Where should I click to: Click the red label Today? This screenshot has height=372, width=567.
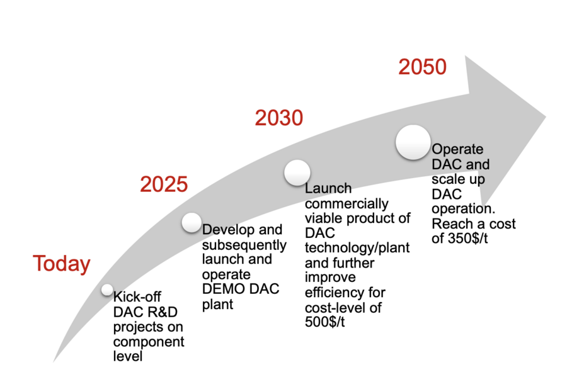[62, 264]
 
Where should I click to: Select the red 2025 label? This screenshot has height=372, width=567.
[164, 184]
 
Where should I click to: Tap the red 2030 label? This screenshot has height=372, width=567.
[279, 118]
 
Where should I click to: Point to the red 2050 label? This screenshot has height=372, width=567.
[422, 67]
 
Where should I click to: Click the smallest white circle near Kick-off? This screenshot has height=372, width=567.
[107, 290]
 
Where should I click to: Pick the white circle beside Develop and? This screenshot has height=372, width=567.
[192, 222]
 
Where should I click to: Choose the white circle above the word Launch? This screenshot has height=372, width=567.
[297, 172]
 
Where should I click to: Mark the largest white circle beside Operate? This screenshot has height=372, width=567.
[413, 142]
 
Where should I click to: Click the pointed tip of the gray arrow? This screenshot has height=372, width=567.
[546, 116]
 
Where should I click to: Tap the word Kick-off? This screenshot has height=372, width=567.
[137, 297]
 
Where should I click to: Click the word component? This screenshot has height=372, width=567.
[149, 342]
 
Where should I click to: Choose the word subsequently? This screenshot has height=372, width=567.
[244, 245]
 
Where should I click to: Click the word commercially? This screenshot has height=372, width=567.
[346, 204]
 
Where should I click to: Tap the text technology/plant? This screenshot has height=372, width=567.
[357, 248]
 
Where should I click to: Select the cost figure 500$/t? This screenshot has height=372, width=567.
[324, 322]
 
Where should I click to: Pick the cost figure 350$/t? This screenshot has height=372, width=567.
[468, 239]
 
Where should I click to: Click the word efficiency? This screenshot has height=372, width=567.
[336, 293]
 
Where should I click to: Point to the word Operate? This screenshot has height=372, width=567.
[457, 150]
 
